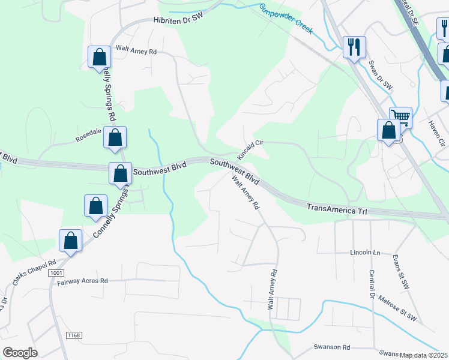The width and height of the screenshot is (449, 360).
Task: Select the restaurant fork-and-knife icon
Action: [x=354, y=46]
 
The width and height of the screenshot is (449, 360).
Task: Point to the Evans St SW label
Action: [x=400, y=271]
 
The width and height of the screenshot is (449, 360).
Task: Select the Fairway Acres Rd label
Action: [x=83, y=280]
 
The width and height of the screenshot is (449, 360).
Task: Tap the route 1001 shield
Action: [x=57, y=273]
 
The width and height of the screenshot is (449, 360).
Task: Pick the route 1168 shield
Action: [x=74, y=335]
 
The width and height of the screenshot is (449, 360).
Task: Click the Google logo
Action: [x=20, y=353]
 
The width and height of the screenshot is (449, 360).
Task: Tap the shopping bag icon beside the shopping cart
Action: [x=388, y=130]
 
